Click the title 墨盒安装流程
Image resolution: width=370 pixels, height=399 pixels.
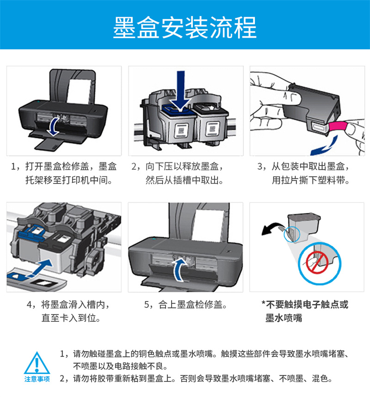[x=185, y=27]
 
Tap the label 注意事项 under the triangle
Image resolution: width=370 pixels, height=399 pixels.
[x=37, y=379]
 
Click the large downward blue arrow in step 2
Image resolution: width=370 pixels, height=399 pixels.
[x=180, y=90]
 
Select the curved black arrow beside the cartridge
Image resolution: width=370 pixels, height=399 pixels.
[x=272, y=228]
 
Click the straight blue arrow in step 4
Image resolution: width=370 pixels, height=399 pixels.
[x=41, y=268]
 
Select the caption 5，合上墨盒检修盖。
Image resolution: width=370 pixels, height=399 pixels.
[x=185, y=304]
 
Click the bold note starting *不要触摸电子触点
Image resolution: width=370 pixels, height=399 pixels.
[x=305, y=311]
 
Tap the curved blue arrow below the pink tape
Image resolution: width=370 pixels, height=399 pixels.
[x=324, y=146]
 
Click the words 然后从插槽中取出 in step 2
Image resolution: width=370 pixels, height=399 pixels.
[x=182, y=180]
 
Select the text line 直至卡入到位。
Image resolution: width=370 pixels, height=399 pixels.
[x=71, y=318]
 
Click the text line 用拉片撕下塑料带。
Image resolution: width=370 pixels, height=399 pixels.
[x=311, y=180]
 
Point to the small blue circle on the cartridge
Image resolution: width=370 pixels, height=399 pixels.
[x=292, y=234]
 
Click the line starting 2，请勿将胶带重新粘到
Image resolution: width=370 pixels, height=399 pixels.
[x=196, y=378]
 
